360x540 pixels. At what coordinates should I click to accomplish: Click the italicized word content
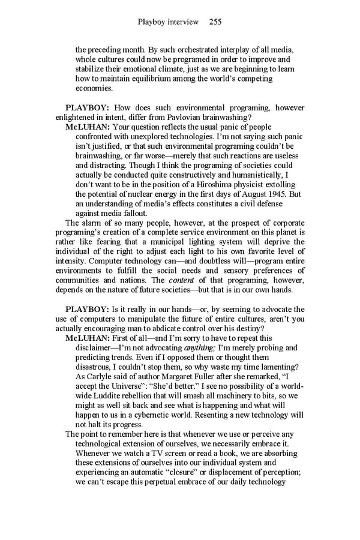point(181,280)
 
